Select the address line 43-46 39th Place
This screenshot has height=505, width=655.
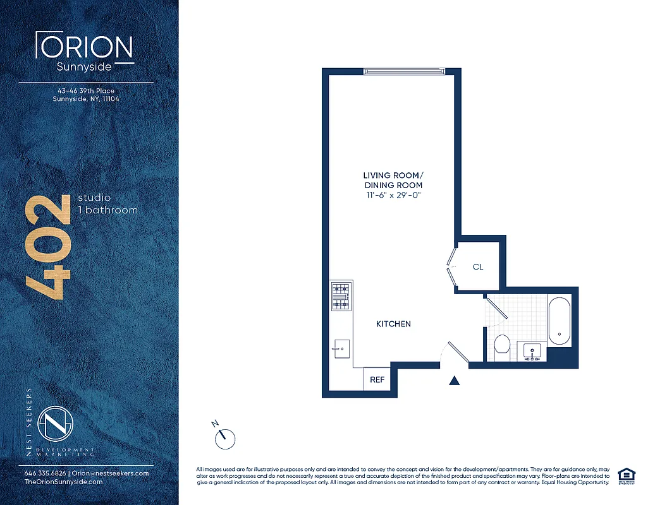(86, 91)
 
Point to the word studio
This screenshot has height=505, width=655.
(94, 198)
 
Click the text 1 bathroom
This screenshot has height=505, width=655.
(107, 210)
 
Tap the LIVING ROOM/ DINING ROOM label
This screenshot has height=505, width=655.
(393, 180)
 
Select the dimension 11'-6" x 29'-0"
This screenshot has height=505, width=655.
(393, 196)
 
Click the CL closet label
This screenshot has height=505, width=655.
(478, 267)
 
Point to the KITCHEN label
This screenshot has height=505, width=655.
(393, 324)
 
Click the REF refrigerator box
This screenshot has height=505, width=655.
(377, 380)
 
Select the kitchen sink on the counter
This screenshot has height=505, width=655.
(341, 347)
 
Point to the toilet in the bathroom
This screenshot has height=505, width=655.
(502, 344)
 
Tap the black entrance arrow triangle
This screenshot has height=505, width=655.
(454, 380)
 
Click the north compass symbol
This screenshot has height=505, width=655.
(224, 437)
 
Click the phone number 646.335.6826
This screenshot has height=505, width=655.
(46, 473)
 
